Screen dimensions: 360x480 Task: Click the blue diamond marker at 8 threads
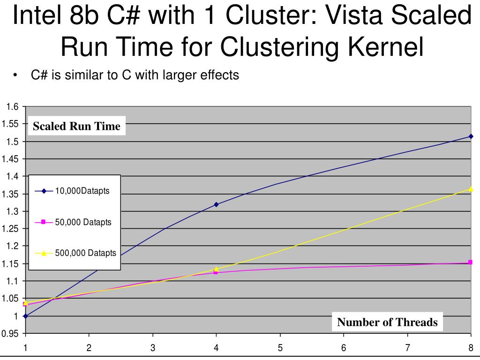click(x=471, y=136)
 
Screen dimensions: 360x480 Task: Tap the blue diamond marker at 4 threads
click(x=216, y=204)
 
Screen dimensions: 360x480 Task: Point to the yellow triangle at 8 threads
click(x=471, y=189)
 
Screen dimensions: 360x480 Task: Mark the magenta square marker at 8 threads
click(x=470, y=262)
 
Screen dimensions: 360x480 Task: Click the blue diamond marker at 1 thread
click(x=25, y=316)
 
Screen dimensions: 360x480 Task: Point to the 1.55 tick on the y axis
click(x=10, y=124)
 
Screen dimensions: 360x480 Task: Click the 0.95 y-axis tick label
click(x=10, y=334)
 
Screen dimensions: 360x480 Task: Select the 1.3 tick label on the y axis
click(x=13, y=211)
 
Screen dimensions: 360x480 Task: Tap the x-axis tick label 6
click(x=344, y=348)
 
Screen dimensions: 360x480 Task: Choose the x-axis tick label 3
click(x=152, y=348)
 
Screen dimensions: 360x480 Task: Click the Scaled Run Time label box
click(x=76, y=126)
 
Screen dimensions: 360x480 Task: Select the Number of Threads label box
click(x=387, y=322)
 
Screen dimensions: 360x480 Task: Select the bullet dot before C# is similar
click(x=16, y=75)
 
